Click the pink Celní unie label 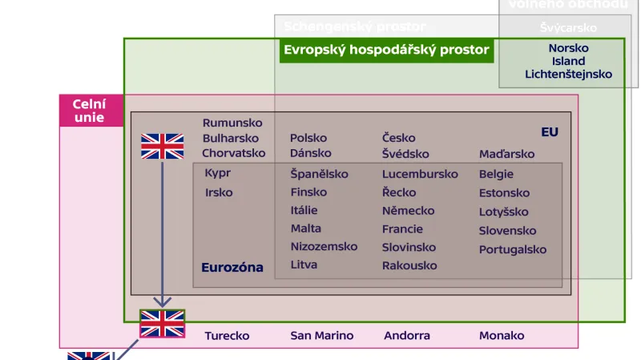tap(91, 111)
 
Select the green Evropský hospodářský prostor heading tap(386, 51)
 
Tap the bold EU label tap(550, 132)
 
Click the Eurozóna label tap(232, 268)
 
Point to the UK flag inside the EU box tap(163, 146)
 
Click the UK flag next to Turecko tap(163, 323)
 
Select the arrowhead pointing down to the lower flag tap(163, 301)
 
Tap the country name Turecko tap(227, 336)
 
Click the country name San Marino tap(321, 336)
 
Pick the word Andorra tap(407, 336)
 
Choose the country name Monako tap(502, 336)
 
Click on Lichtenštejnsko tap(568, 75)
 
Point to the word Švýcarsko tap(568, 28)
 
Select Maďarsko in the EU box tap(506, 154)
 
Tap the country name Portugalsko tap(513, 249)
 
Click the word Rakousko tap(409, 265)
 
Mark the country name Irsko tap(219, 192)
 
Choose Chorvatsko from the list tap(233, 153)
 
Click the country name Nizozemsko tap(324, 246)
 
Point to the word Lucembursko tap(420, 174)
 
